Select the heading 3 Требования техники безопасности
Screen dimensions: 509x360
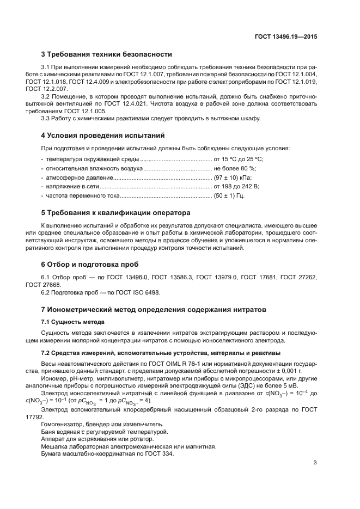click(x=107, y=54)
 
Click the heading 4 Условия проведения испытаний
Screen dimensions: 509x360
click(x=103, y=135)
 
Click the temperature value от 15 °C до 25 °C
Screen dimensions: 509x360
click(x=239, y=160)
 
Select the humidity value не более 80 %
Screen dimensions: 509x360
click(x=235, y=168)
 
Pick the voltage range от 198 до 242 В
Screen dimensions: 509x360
click(x=237, y=186)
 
